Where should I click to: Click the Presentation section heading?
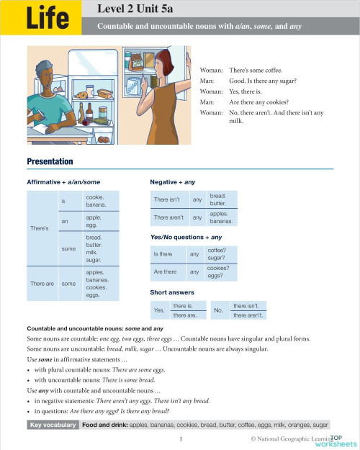pyautogui.click(x=50, y=161)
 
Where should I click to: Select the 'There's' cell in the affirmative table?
pyautogui.click(x=40, y=228)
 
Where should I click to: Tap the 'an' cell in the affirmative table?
pyautogui.click(x=65, y=221)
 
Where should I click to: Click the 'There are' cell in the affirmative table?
pyautogui.click(x=42, y=284)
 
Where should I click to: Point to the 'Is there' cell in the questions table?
pyautogui.click(x=163, y=253)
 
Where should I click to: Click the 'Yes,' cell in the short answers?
pyautogui.click(x=158, y=310)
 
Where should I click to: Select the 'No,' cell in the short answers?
pyautogui.click(x=220, y=310)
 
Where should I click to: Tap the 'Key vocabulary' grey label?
pyautogui.click(x=53, y=426)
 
